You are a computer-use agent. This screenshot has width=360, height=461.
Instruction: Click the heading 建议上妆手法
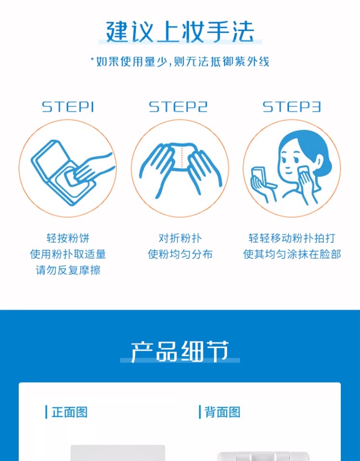tap(180, 32)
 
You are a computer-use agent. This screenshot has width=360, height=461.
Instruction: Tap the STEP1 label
tap(68, 107)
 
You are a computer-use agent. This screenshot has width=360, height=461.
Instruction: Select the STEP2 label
tap(178, 107)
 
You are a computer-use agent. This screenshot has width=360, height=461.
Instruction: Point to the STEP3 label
tap(291, 107)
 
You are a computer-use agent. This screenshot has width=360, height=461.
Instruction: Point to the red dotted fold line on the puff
tap(182, 158)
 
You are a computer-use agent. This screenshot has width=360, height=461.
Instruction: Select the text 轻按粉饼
tap(68, 238)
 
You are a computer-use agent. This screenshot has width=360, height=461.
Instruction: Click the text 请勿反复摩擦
tap(68, 270)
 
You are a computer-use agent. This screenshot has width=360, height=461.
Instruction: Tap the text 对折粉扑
tap(180, 238)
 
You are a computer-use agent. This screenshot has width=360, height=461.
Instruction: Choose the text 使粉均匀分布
tap(180, 254)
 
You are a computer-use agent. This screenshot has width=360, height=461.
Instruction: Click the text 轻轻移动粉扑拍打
tap(292, 238)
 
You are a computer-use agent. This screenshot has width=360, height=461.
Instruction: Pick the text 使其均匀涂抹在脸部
tap(292, 254)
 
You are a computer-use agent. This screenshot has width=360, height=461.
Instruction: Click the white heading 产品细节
tap(180, 352)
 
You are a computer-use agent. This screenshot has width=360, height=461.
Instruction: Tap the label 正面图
tap(69, 412)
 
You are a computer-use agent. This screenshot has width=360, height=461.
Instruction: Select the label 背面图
tap(222, 412)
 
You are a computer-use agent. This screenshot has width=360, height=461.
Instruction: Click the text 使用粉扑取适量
tap(68, 254)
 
